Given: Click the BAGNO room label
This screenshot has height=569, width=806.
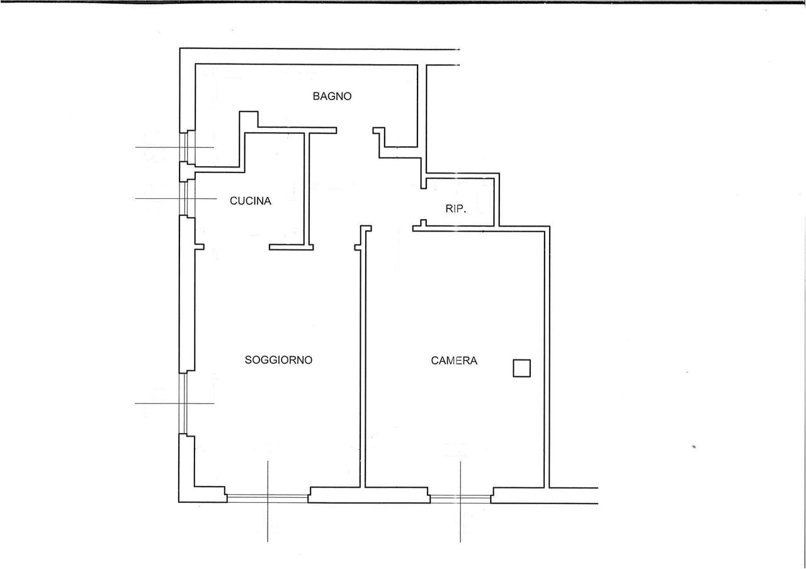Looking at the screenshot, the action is tap(332, 96).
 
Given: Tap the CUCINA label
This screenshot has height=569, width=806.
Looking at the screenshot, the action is tap(251, 201).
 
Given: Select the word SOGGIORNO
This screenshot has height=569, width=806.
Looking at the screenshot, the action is tap(278, 360).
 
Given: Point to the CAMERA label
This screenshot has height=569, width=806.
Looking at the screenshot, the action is tap(454, 361).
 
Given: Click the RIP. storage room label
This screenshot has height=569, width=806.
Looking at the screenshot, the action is tap(455, 208).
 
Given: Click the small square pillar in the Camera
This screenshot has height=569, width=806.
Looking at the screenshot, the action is tap(521, 368).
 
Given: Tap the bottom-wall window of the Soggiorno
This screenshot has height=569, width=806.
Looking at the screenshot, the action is tap(268, 498).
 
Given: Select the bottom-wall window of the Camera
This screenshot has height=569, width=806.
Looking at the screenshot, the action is tap(460, 499).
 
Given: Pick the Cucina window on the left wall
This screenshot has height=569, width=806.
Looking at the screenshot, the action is tap(187, 198).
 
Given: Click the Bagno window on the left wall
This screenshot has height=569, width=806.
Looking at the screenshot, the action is tap(187, 147).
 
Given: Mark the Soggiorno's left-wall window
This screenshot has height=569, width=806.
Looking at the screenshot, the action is tap(183, 403).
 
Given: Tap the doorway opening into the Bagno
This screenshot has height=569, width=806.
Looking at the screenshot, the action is tap(355, 130).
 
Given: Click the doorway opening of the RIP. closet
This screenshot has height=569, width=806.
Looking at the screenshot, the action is tap(424, 204).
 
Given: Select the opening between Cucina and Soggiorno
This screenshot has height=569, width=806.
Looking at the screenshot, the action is tap(236, 247).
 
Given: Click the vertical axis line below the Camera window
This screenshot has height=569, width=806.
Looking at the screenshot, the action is tap(460, 502).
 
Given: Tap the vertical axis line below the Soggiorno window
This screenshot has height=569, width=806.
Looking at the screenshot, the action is tap(268, 501).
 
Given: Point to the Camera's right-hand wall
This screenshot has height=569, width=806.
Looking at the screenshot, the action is tap(547, 357).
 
